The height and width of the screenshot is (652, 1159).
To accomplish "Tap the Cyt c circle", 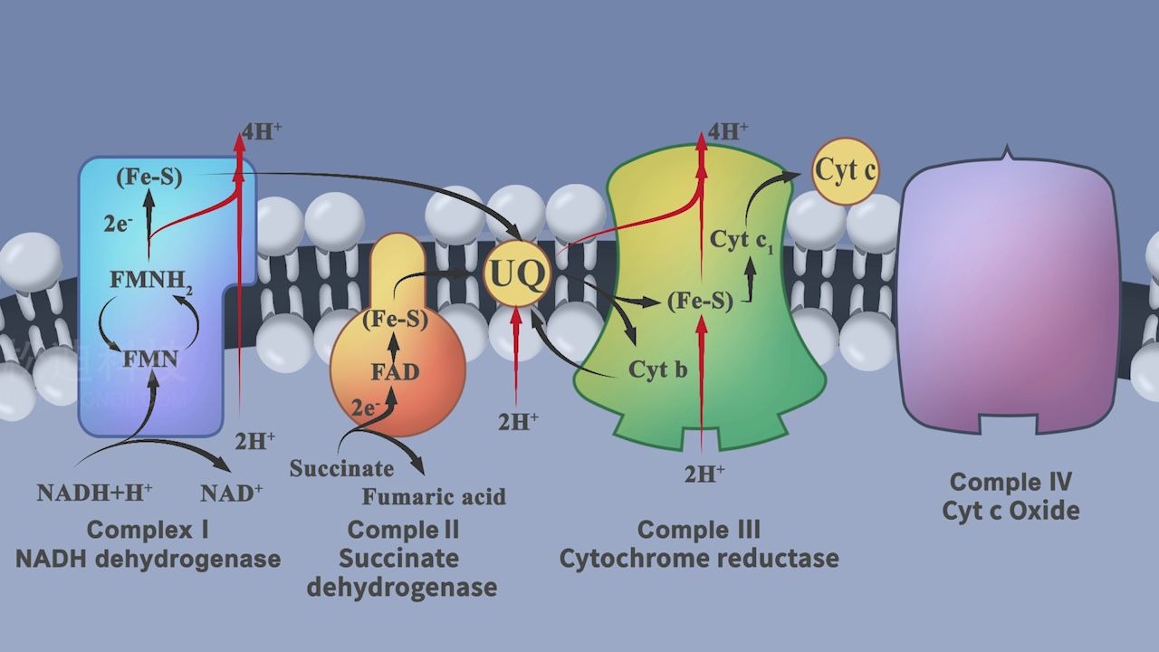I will click(x=845, y=170).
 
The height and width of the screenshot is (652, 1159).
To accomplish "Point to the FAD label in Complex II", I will click(x=395, y=371).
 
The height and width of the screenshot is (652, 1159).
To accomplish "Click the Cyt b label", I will click(x=657, y=369).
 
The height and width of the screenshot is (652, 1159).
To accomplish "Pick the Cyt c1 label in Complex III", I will click(x=742, y=241).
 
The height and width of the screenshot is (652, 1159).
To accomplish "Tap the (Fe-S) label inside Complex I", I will click(x=149, y=177).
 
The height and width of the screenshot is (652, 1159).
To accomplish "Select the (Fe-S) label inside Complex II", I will click(x=395, y=320).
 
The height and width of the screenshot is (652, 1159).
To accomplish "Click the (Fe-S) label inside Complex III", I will click(x=699, y=302).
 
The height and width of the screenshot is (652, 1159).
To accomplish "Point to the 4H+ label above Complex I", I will click(x=262, y=130).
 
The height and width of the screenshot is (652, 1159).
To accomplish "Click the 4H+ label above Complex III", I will click(x=727, y=131).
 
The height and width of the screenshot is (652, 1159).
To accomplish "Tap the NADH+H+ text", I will click(x=94, y=493).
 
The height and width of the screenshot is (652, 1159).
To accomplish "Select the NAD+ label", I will click(x=231, y=493).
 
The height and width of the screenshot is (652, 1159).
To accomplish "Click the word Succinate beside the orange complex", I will click(x=341, y=469).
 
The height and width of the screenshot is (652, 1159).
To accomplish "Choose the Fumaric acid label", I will click(x=434, y=496).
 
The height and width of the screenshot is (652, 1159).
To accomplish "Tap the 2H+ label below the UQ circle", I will click(x=518, y=420).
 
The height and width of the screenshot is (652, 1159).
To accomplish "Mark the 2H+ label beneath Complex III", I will click(x=704, y=474).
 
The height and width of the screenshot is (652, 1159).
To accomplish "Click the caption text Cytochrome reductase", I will click(x=698, y=558).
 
